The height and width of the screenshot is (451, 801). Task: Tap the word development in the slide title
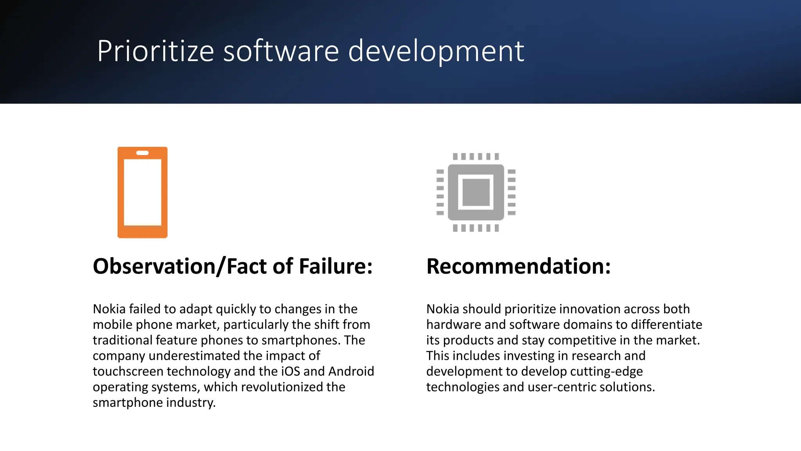point(436,51)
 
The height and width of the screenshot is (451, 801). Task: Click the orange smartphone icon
point(142,192)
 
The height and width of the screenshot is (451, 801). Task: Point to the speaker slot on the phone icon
point(142,153)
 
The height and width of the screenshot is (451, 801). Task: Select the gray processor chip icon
point(476,192)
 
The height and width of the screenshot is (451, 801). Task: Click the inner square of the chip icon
point(476,192)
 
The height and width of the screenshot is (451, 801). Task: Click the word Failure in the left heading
point(336,266)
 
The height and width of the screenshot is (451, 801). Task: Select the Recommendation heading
point(518,266)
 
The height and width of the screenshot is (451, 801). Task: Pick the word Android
point(351,371)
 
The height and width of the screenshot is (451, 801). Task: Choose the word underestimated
point(194,355)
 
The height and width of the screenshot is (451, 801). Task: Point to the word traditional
point(122,340)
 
